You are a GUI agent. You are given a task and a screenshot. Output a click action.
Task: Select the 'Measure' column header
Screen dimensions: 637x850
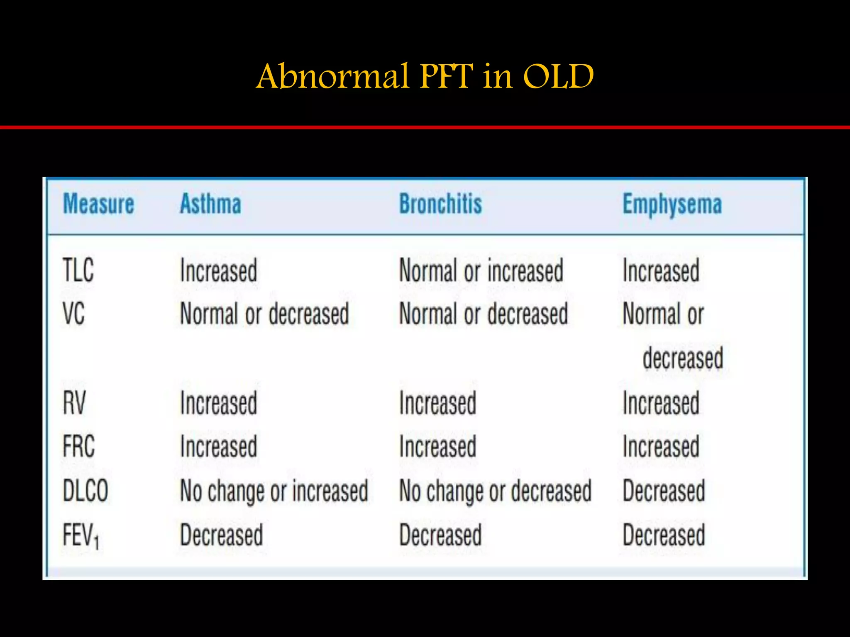coord(98,204)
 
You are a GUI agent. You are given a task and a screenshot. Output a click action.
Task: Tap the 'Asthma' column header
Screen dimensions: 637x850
coord(210,204)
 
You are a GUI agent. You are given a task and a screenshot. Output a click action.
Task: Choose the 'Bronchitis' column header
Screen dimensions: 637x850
coord(440,204)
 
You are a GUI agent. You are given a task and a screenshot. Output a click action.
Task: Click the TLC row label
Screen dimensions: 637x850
coord(78,270)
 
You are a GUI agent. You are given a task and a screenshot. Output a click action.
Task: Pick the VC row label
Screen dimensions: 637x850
coord(74,314)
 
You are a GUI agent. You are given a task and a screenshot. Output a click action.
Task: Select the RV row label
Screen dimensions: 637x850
coord(74,403)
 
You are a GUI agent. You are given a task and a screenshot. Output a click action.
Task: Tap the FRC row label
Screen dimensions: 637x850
coord(79,447)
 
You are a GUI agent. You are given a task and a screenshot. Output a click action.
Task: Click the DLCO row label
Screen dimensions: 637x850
coord(85,491)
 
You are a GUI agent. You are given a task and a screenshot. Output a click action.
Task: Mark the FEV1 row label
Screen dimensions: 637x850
coord(81,535)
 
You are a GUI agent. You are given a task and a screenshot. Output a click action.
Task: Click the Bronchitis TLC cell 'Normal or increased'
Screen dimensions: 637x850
coord(481,270)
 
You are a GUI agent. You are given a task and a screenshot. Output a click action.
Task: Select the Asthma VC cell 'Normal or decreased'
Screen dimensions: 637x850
coord(264,314)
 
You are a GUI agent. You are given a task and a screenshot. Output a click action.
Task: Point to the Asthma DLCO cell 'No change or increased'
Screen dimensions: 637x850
coord(274,491)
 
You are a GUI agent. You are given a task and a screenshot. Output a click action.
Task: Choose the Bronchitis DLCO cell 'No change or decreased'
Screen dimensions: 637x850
coord(495,491)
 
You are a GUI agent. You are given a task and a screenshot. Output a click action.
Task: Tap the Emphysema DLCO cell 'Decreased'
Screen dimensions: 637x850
coord(664,491)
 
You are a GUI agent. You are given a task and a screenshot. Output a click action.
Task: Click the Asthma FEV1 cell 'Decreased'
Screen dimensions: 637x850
coord(222,535)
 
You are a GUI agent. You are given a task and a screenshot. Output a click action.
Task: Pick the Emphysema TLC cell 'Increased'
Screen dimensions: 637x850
coord(661,270)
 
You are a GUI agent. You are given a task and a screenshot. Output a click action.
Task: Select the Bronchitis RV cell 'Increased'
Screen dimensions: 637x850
coord(437,403)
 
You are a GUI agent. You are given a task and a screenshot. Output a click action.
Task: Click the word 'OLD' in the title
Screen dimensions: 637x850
coord(558,77)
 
